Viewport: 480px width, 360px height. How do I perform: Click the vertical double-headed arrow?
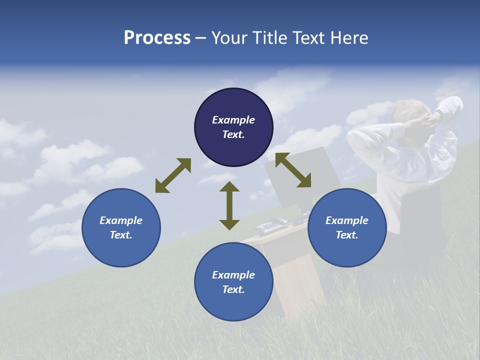point(229,205)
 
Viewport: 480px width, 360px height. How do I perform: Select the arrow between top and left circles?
point(173,175)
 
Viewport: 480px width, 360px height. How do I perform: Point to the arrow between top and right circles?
point(293,170)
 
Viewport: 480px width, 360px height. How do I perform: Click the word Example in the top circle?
point(233,120)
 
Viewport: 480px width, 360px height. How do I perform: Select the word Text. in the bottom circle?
point(233,289)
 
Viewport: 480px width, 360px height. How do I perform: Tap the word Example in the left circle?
point(121,220)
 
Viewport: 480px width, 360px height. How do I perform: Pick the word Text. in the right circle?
point(347,235)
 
